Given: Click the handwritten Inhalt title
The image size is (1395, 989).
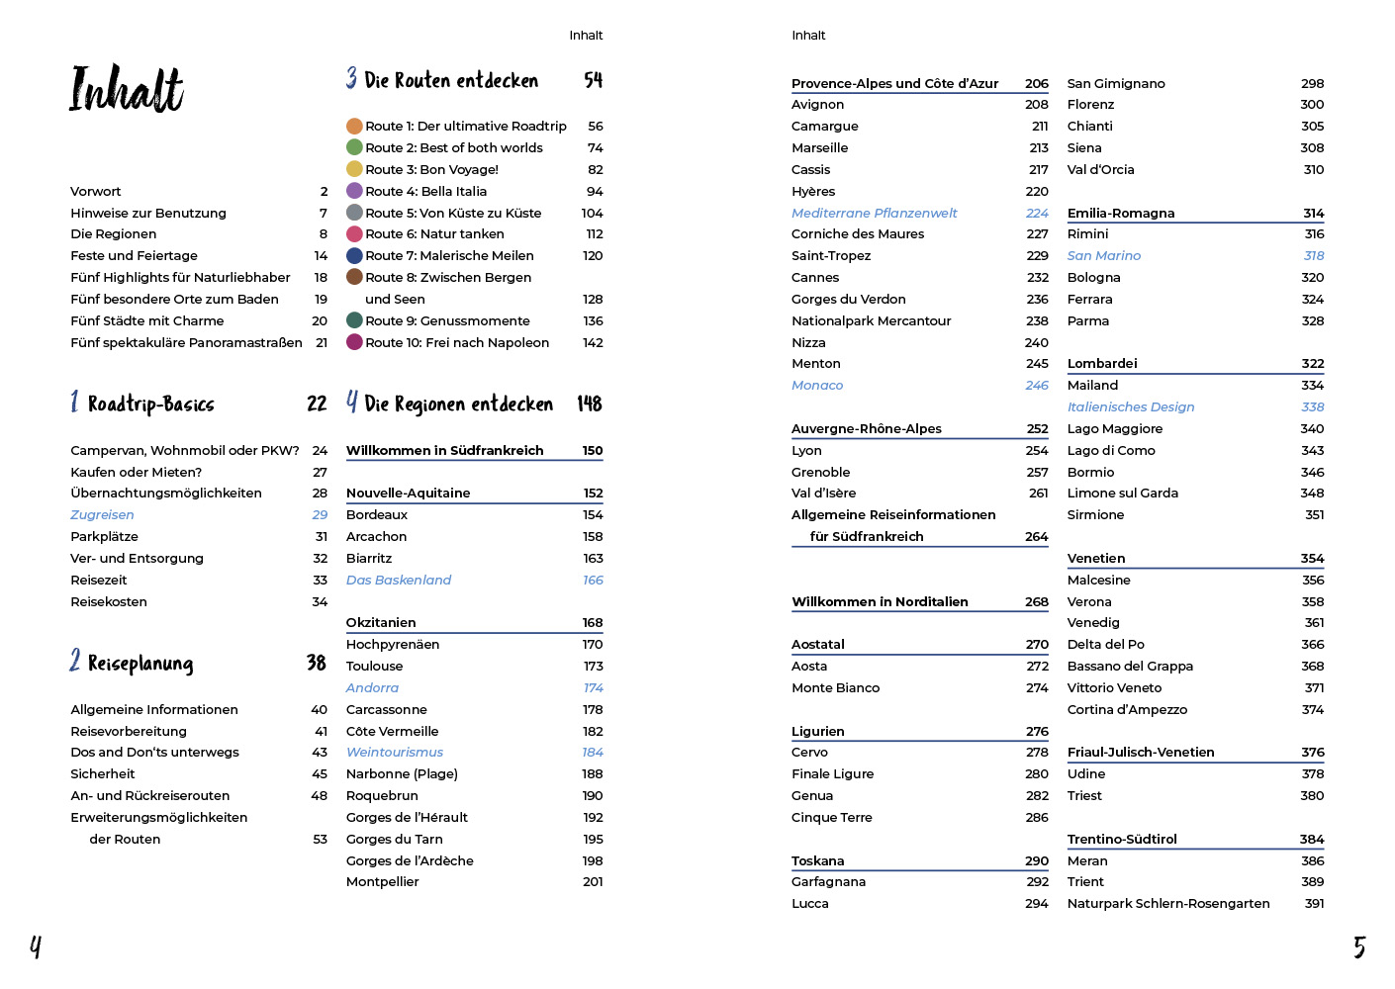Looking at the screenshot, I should coord(126,88).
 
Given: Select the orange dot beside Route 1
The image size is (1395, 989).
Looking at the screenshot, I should coord(354,126).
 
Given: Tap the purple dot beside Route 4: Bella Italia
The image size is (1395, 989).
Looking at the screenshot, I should coord(354,191).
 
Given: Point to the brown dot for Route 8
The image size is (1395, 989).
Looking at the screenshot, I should coord(354,277).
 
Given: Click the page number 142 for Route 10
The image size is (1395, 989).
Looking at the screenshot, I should coord(593,342).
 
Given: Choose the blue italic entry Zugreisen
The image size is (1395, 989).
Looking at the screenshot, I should coord(102,514).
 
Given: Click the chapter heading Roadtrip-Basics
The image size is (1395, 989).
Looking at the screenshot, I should coord(150,404).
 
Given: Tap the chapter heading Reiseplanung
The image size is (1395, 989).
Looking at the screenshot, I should coord(139,663).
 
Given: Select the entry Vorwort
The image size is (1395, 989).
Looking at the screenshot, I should coord(96,191).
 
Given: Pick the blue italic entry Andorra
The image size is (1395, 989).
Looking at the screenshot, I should coord(372,687).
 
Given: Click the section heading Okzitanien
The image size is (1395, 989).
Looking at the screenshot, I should coord(381,622).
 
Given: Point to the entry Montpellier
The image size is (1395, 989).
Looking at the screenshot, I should coord(383,881).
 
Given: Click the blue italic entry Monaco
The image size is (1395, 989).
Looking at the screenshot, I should coord(817,385).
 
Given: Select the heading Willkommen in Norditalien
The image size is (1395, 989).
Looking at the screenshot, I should coord(880,601).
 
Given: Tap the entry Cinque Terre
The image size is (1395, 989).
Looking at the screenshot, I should coord(832,817).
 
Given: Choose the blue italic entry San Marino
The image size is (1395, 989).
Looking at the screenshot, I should coord(1104,255).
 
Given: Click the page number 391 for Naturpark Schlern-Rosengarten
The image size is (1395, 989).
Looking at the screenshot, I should coord(1314,903).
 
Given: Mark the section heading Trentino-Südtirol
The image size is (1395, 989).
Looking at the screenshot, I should coord(1122,839).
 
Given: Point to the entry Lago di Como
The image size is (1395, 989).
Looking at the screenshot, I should coord(1111,450).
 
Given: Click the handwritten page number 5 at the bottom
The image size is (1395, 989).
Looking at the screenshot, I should coord(1359,947).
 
